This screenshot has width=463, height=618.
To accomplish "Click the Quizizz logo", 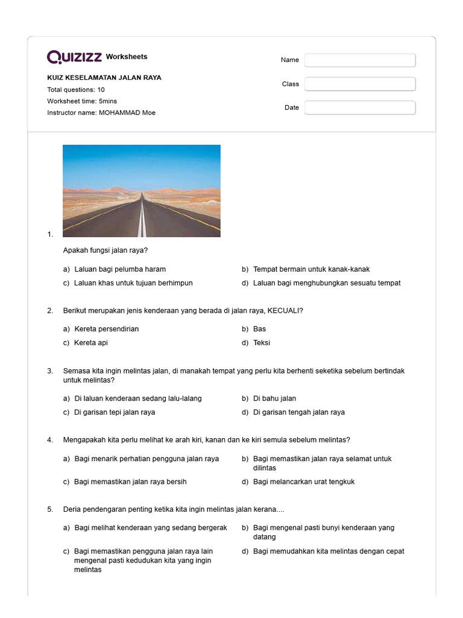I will [x=75, y=57].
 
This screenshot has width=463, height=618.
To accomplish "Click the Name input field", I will [x=360, y=60].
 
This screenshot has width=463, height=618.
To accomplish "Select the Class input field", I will [x=360, y=84].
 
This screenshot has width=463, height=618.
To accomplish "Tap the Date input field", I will [x=360, y=107].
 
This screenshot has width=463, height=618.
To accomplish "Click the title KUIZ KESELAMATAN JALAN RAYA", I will [x=104, y=78].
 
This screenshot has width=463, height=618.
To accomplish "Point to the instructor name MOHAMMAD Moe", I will [x=127, y=113].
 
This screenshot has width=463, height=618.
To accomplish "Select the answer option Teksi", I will [x=262, y=343].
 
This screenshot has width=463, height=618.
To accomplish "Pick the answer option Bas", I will [x=259, y=329].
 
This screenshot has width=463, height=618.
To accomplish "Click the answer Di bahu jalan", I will [x=274, y=398].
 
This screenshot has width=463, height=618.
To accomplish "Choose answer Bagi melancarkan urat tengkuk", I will [x=304, y=482].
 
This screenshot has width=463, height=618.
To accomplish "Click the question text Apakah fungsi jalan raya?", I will [x=106, y=250].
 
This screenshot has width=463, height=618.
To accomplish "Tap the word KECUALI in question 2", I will [x=284, y=311].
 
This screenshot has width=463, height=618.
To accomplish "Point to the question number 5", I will [x=50, y=509].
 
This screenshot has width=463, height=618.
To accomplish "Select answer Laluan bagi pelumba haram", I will [x=120, y=269].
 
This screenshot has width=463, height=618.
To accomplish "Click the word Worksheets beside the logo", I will [x=127, y=57].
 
